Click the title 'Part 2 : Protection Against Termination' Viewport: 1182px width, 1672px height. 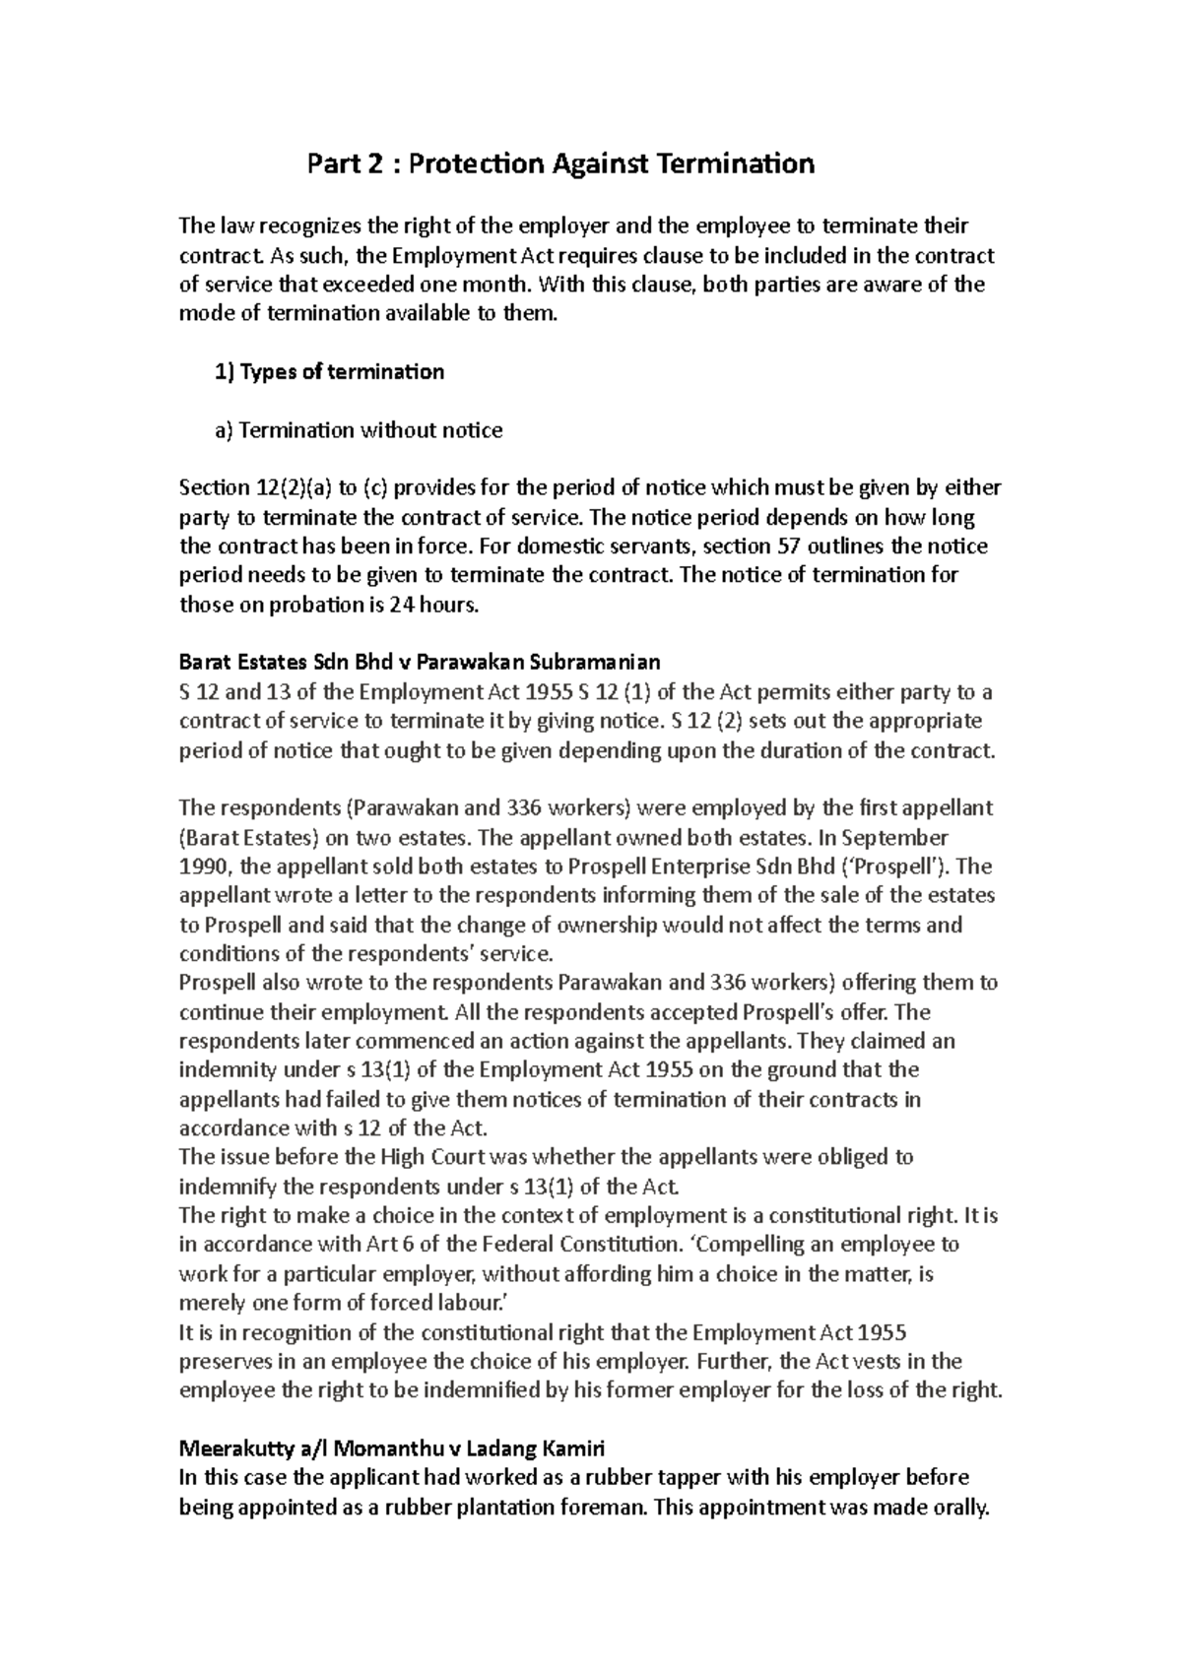coord(561,163)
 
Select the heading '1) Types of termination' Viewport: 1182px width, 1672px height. coord(329,372)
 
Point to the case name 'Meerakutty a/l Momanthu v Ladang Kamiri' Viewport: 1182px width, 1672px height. coord(392,1448)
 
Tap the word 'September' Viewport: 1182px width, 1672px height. coord(900,838)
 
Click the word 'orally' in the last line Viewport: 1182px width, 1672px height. coord(955,1508)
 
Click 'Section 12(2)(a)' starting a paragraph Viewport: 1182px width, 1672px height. coord(255,488)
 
